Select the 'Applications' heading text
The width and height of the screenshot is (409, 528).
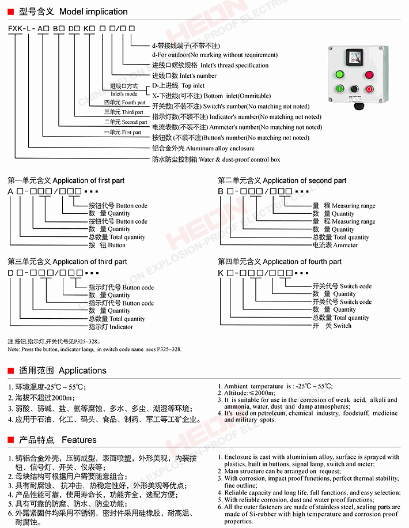82,371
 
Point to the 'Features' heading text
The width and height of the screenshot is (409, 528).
79,440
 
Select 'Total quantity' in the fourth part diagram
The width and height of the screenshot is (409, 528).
351,318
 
